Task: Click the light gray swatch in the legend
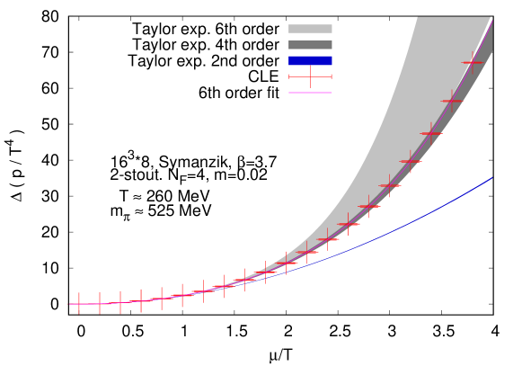click(310, 29)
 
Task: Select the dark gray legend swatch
click(310, 45)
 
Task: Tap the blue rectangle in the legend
click(310, 61)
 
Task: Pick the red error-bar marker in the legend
click(310, 76)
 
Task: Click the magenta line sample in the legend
click(310, 93)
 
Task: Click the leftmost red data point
click(79, 304)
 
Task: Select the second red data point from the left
click(100, 303)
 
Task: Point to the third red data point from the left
click(120, 302)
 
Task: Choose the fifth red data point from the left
click(162, 299)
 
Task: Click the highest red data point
click(472, 62)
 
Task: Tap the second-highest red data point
click(451, 101)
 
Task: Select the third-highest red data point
click(431, 133)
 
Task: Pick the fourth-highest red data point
click(411, 162)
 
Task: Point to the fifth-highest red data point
click(390, 185)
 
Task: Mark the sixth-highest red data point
click(368, 206)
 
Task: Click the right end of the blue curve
click(492, 178)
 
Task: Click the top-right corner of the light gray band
click(491, 18)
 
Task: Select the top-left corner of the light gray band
click(418, 18)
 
